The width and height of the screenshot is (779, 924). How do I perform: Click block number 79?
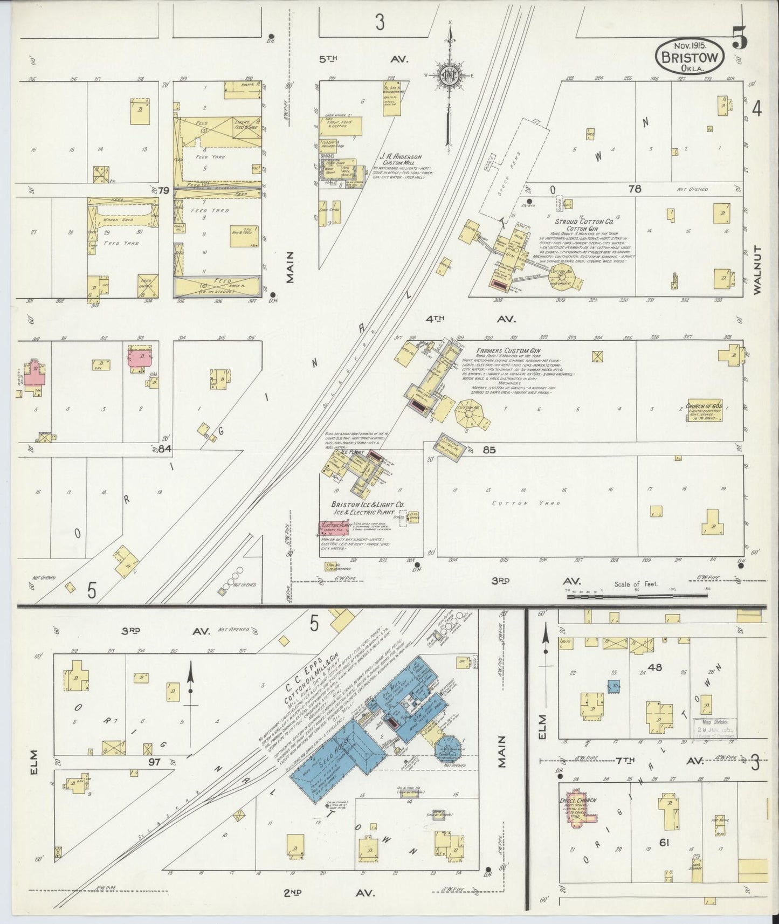pyautogui.click(x=164, y=190)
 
